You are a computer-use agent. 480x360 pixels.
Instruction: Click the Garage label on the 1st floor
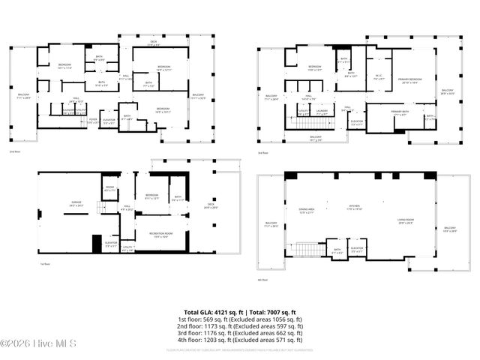tap(76, 203)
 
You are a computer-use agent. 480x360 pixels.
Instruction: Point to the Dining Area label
tap(306, 211)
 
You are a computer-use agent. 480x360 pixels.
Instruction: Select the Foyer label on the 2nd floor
tap(93, 120)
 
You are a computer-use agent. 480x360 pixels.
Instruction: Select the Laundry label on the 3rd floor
tap(322, 112)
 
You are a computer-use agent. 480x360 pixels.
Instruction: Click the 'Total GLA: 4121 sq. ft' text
tap(211, 312)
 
